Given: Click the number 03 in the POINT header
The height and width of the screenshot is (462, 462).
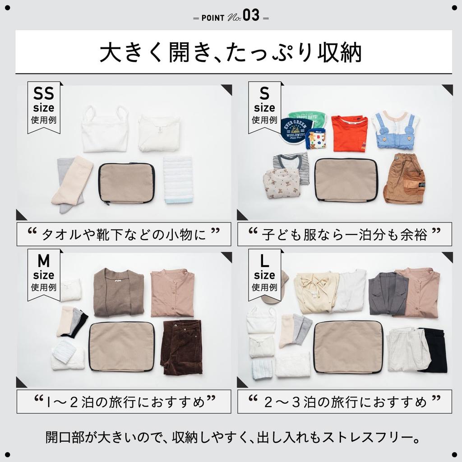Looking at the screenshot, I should (x=251, y=16).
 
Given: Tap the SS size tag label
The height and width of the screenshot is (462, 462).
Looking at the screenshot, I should (x=43, y=106).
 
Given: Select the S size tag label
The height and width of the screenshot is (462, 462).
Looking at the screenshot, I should (x=264, y=106).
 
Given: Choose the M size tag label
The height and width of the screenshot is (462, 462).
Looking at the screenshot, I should (x=43, y=273).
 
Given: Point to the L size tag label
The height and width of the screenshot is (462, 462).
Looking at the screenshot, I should (x=264, y=273).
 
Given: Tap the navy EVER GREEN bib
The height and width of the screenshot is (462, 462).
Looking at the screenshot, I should (x=293, y=131).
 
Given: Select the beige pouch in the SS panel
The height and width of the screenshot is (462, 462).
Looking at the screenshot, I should (x=126, y=183).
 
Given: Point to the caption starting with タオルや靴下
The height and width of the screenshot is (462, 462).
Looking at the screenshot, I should (x=124, y=234).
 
